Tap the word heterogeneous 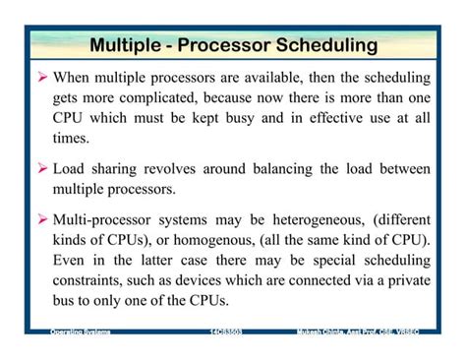[x=305, y=221]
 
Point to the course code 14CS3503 [x=226, y=332]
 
